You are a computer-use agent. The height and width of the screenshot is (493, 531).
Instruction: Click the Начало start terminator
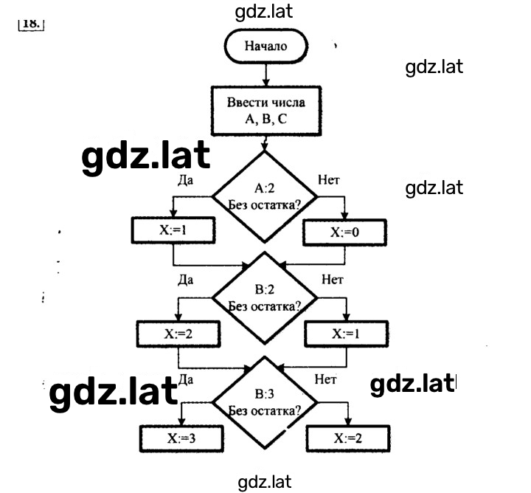pyautogui.click(x=265, y=46)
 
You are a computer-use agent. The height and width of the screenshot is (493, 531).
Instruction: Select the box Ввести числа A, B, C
pyautogui.click(x=266, y=111)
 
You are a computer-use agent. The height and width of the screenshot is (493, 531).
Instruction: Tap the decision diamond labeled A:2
pyautogui.click(x=265, y=196)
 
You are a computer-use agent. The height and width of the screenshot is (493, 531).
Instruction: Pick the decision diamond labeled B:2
pyautogui.click(x=265, y=298)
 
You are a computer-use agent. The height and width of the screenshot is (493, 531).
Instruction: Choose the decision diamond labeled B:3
pyautogui.click(x=265, y=402)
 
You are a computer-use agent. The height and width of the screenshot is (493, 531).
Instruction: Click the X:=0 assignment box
pyautogui.click(x=344, y=232)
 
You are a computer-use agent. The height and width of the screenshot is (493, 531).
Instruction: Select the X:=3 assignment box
pyautogui.click(x=181, y=438)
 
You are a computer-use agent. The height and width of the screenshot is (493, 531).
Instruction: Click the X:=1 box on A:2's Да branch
pyautogui.click(x=173, y=230)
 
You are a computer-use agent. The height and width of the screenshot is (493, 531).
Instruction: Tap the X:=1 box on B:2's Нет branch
pyautogui.click(x=346, y=334)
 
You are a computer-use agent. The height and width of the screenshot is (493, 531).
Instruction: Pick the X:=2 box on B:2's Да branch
pyautogui.click(x=178, y=334)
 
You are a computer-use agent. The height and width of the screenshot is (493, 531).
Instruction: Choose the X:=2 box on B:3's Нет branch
pyautogui.click(x=348, y=438)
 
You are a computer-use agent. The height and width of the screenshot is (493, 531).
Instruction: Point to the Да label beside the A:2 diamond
pyautogui.click(x=186, y=180)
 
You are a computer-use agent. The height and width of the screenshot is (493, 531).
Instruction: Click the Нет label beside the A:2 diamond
pyautogui.click(x=328, y=180)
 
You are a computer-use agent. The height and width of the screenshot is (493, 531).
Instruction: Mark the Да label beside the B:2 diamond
pyautogui.click(x=186, y=280)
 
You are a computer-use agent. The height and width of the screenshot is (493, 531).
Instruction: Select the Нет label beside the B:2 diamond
pyautogui.click(x=333, y=280)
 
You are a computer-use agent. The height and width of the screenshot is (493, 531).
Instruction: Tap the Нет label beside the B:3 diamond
pyautogui.click(x=325, y=379)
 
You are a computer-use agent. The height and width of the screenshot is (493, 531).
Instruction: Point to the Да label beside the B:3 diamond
pyautogui.click(x=186, y=379)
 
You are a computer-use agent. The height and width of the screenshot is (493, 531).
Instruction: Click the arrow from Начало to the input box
pyautogui.click(x=265, y=75)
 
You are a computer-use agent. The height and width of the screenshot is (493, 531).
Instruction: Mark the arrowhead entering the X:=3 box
pyautogui.click(x=181, y=421)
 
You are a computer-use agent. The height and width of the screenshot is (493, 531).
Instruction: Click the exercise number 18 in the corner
pyautogui.click(x=31, y=24)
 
